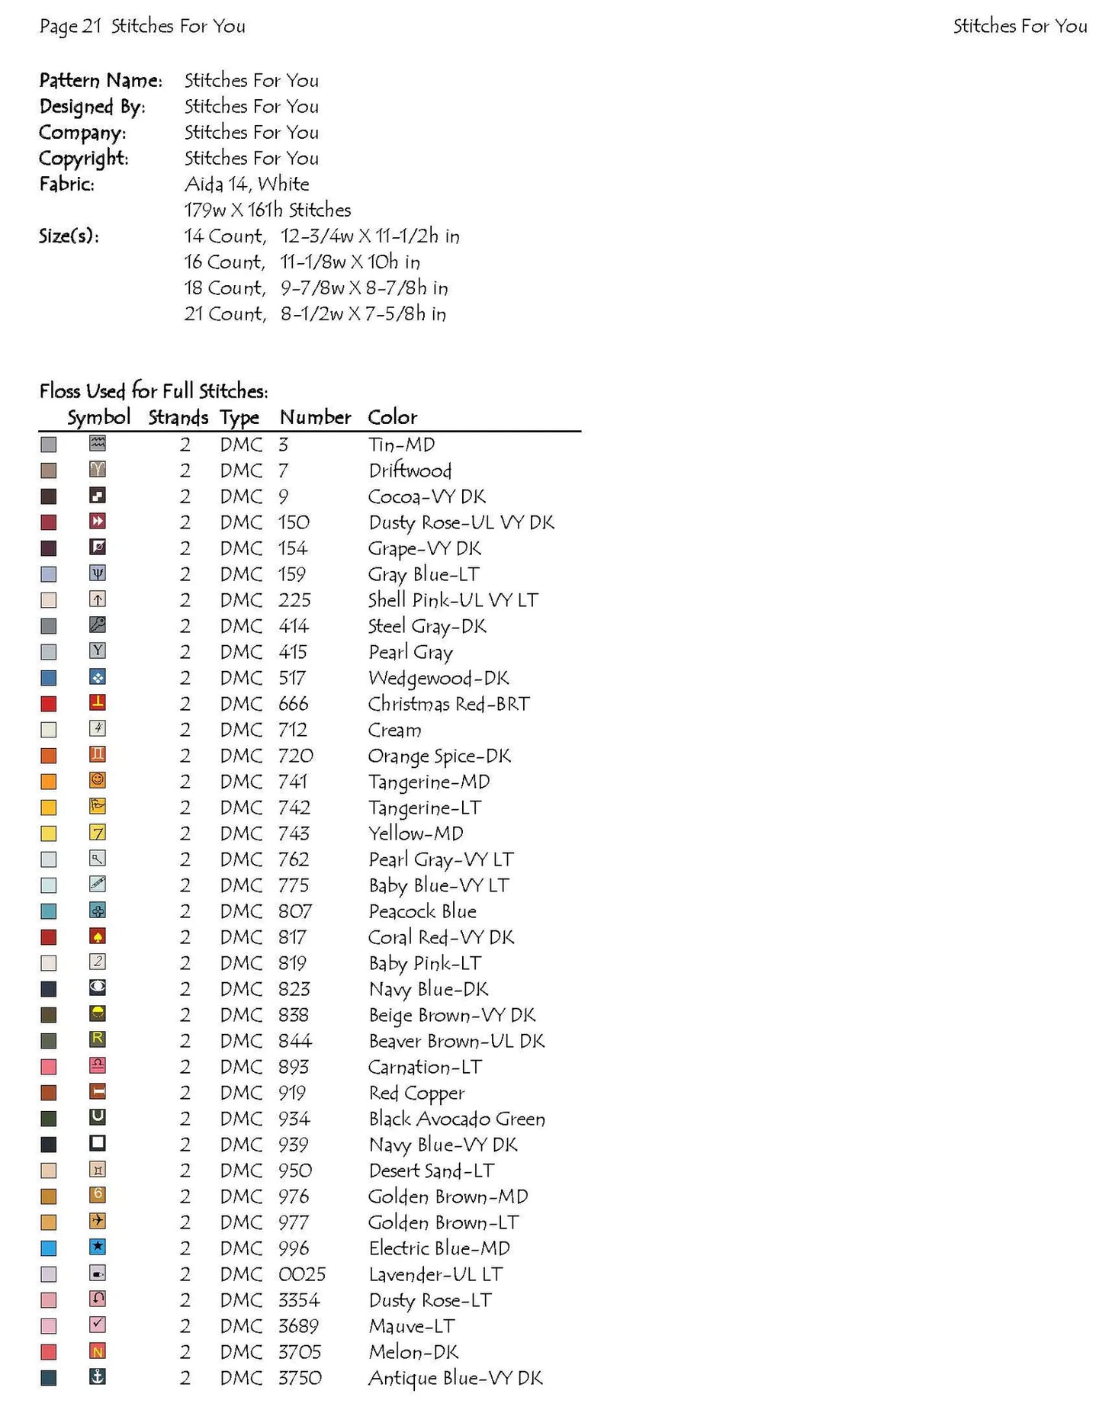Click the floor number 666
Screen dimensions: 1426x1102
(x=294, y=704)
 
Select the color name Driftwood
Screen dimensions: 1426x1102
(x=410, y=471)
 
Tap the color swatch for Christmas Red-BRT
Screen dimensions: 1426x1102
(x=49, y=704)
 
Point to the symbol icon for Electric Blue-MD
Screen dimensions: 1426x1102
(x=98, y=1247)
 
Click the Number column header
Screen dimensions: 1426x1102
(x=315, y=417)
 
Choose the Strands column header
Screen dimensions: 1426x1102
(x=178, y=417)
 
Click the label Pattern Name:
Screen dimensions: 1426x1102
(x=101, y=80)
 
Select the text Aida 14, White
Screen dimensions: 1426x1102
(x=246, y=184)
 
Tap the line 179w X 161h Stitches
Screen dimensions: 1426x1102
(x=267, y=210)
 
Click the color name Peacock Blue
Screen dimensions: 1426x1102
(x=422, y=911)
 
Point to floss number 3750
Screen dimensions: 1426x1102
(x=300, y=1378)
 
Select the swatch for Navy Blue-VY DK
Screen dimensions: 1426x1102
(x=49, y=1145)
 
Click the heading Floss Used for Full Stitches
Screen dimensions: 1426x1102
(x=153, y=391)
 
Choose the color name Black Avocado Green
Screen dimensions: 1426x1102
(x=457, y=1119)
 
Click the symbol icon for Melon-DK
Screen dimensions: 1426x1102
(x=98, y=1351)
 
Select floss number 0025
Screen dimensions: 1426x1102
(x=302, y=1274)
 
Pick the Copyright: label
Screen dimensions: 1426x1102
(x=84, y=158)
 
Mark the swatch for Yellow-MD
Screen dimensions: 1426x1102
(x=49, y=833)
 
